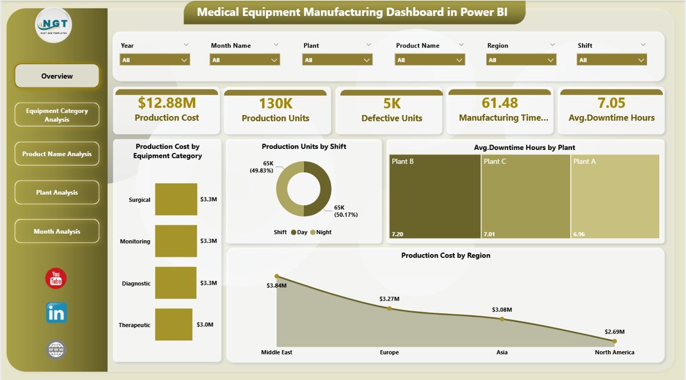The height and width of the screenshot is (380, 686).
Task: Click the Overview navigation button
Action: click(x=57, y=76)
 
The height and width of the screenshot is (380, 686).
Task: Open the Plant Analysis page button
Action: click(x=57, y=193)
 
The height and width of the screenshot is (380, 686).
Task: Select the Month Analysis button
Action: click(x=57, y=231)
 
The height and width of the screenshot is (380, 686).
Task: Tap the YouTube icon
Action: click(x=56, y=278)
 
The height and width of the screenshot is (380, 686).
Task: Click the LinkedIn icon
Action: click(x=56, y=313)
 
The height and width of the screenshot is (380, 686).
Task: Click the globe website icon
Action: click(x=56, y=349)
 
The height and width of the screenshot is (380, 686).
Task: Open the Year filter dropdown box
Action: click(x=154, y=60)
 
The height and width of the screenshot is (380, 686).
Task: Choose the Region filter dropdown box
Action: click(x=521, y=60)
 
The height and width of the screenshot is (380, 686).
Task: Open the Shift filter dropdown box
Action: click(x=612, y=60)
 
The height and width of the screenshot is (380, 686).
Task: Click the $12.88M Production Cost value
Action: click(x=167, y=103)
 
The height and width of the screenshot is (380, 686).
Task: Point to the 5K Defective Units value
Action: click(x=392, y=103)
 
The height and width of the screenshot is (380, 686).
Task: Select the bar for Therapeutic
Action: click(x=174, y=324)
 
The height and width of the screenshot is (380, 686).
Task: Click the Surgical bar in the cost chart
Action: click(x=176, y=199)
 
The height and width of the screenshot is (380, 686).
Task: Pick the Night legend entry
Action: click(x=321, y=232)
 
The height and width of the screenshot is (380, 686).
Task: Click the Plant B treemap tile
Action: click(x=435, y=196)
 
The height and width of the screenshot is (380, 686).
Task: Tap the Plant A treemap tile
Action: click(x=615, y=196)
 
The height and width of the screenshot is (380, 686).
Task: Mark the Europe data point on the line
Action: click(x=389, y=308)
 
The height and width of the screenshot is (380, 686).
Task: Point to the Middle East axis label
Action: click(x=277, y=352)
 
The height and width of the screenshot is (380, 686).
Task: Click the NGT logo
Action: click(x=53, y=25)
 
